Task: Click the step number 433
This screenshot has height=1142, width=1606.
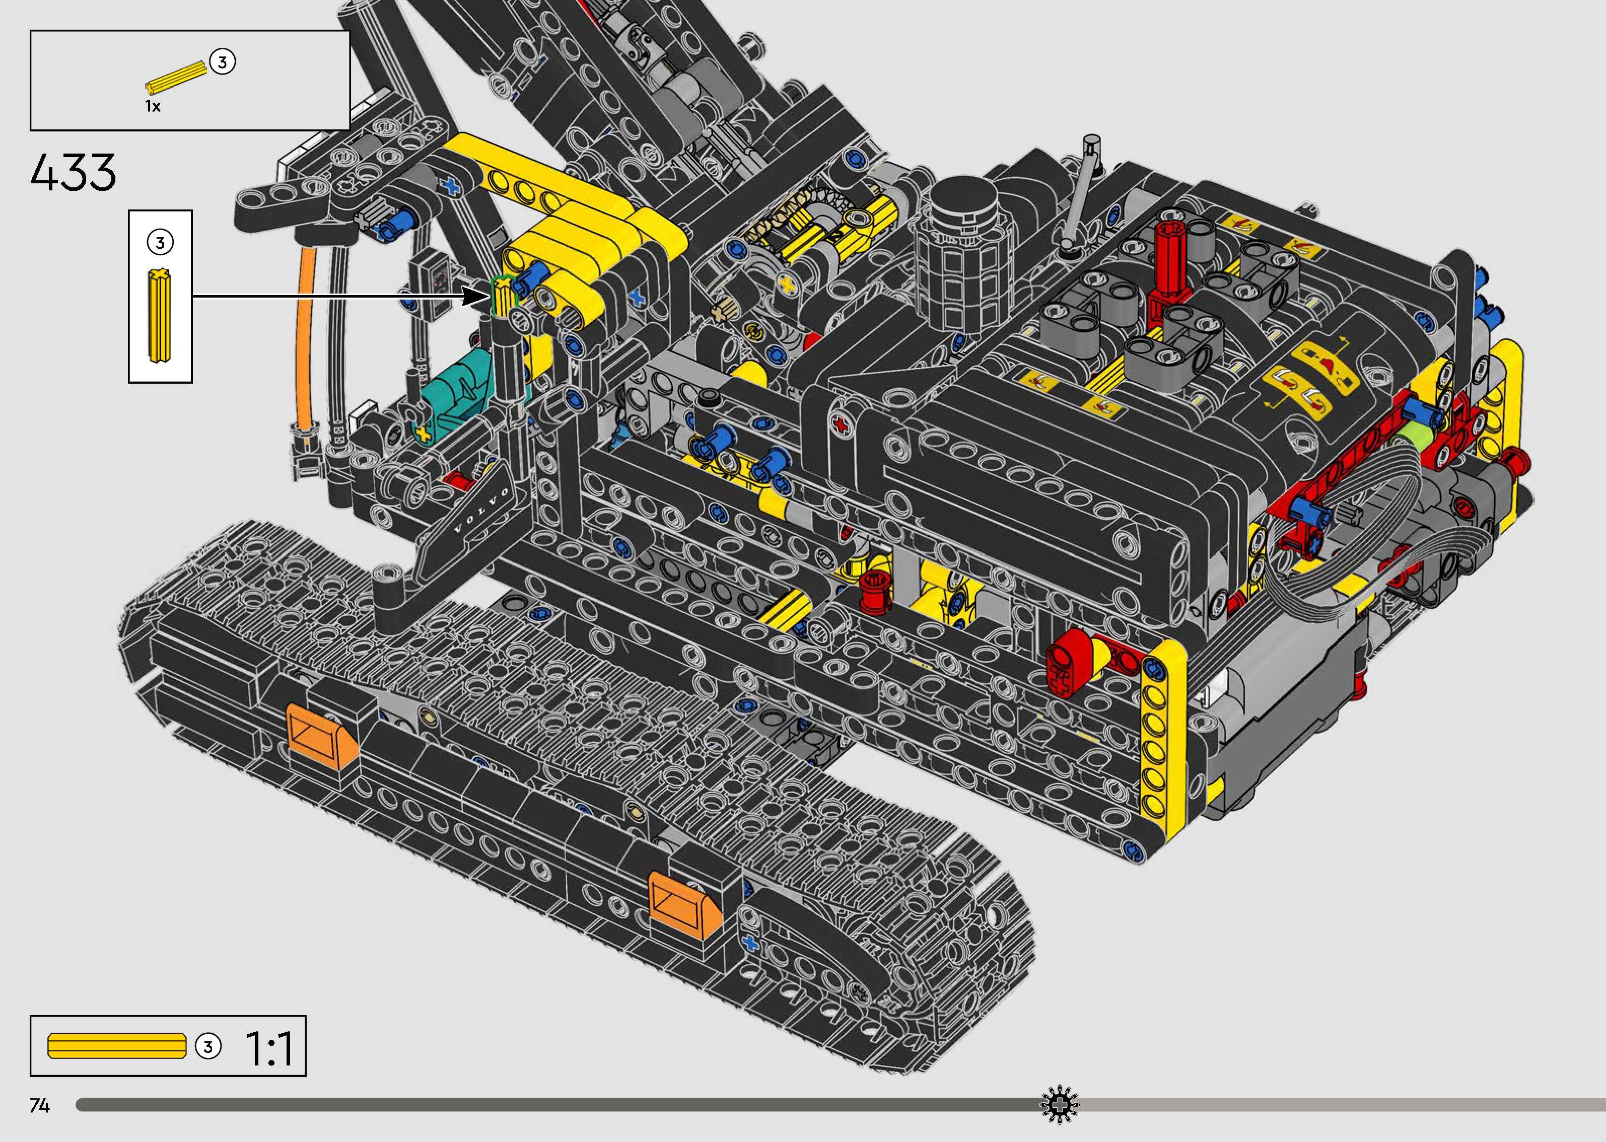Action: point(73,172)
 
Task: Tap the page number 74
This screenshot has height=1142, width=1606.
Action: point(39,1106)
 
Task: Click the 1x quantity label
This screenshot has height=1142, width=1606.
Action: point(153,106)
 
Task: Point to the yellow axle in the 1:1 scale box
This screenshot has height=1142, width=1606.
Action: point(117,1046)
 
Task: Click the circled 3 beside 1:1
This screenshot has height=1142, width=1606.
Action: point(207,1046)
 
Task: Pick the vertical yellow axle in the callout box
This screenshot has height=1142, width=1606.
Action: point(160,316)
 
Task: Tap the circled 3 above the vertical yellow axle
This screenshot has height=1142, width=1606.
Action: point(160,243)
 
